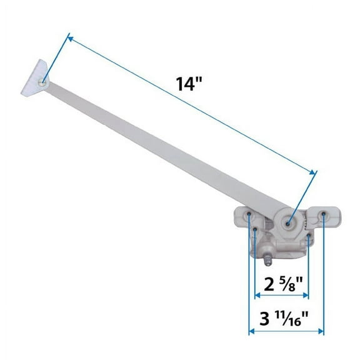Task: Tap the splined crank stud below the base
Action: point(265,257)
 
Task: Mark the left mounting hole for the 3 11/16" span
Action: point(249,216)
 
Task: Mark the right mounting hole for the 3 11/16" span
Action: point(324,216)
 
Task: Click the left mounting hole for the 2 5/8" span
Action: point(256,231)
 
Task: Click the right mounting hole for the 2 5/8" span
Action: point(309,237)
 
